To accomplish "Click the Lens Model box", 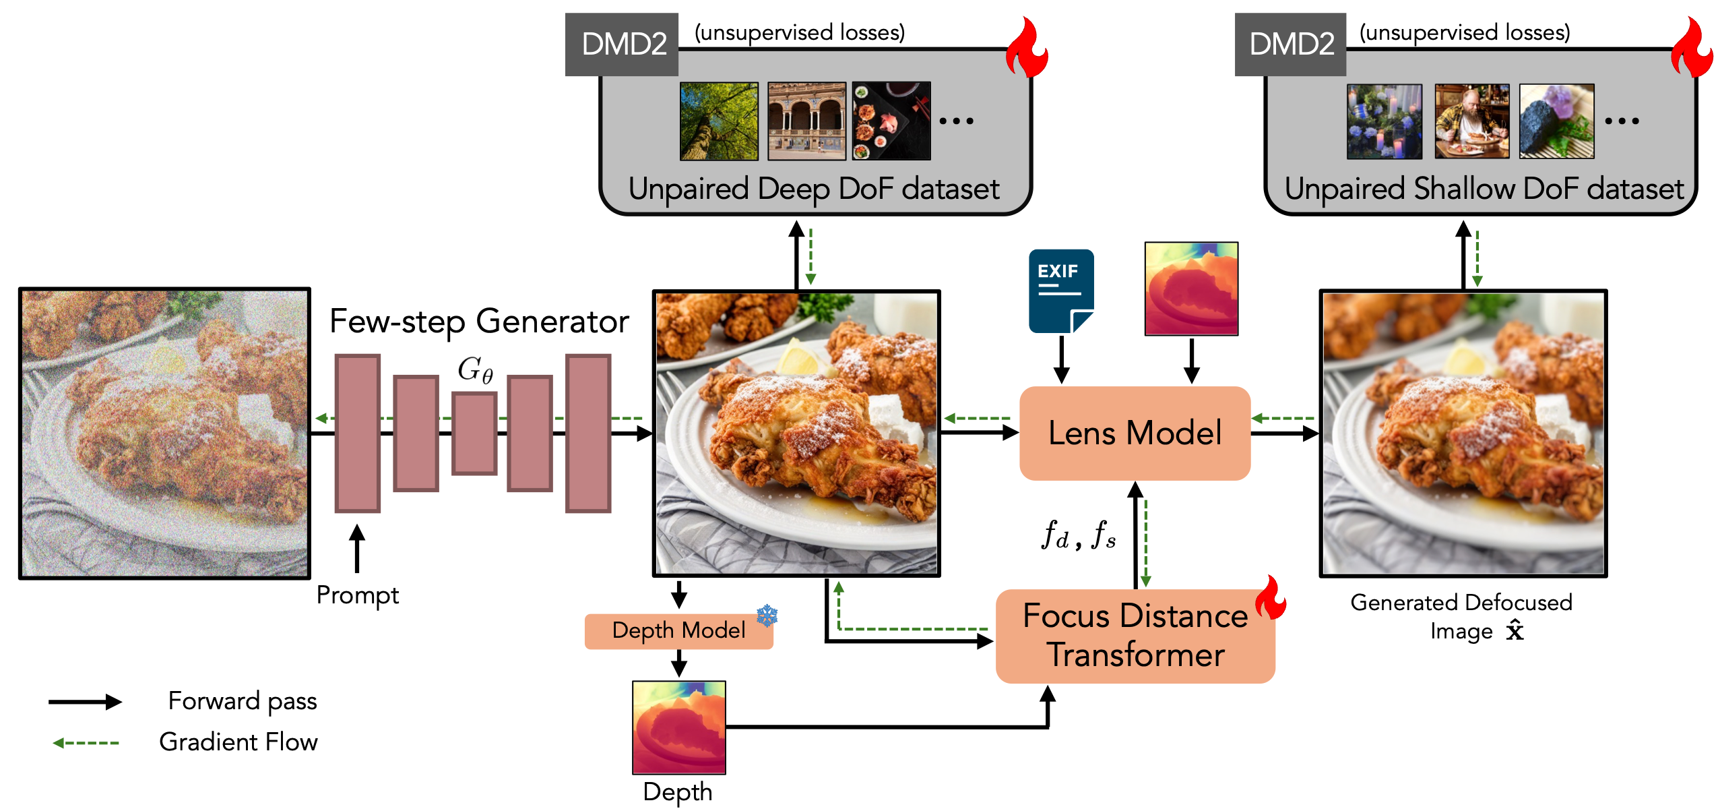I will [1135, 433].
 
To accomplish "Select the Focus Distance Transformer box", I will [1135, 636].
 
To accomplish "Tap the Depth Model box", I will [678, 630].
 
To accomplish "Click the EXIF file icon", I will [1060, 291].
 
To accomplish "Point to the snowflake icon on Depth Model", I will [767, 615].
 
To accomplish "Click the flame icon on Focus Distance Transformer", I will [1271, 597].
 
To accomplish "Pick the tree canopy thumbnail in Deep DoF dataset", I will [719, 121].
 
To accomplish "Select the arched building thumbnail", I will [806, 121].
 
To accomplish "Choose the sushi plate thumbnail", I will [891, 121].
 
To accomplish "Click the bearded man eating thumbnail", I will [1471, 121].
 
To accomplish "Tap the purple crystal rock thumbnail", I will [1556, 121].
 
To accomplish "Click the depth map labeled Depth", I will [678, 727].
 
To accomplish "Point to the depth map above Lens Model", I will [1191, 289].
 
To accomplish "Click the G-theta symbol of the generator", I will [475, 369].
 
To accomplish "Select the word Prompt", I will [357, 595].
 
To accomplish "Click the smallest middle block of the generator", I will [474, 433].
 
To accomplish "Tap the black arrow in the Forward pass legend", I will [85, 702].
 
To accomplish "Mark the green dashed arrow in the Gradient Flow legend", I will [86, 743].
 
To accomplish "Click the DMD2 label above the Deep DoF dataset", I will [623, 44].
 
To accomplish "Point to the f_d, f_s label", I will [1078, 536].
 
